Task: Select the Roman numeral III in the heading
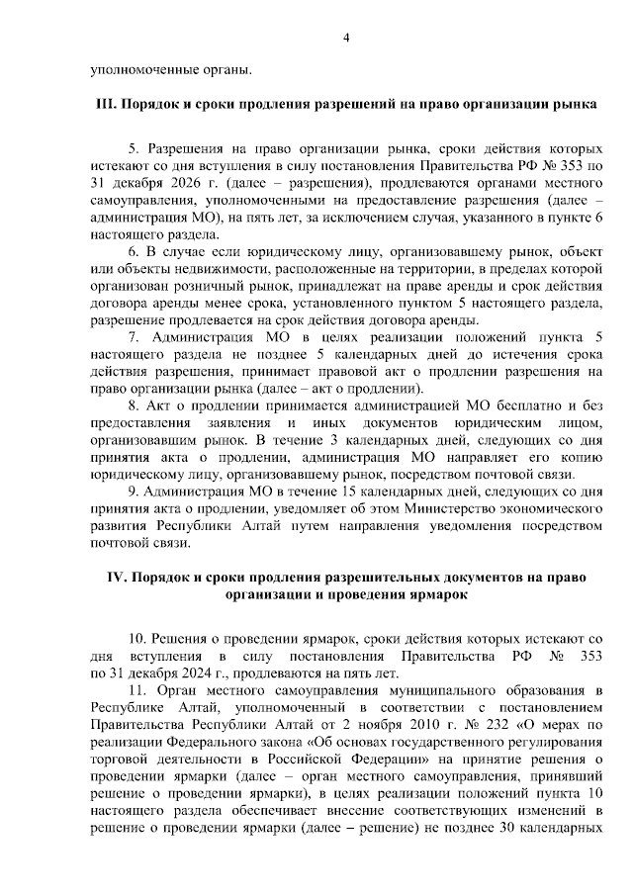click(x=105, y=103)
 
